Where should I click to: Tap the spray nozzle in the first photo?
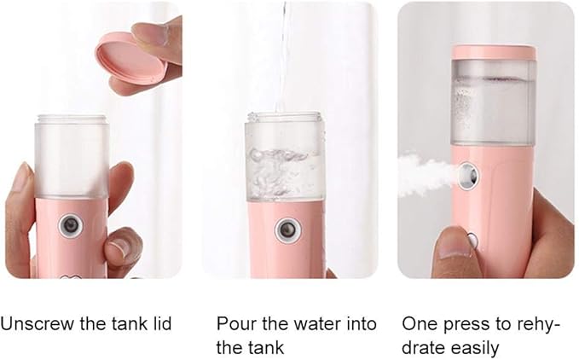pos(71,225)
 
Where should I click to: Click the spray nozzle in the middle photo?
pos(288,229)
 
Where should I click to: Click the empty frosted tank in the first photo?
pos(72,158)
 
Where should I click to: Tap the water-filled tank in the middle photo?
pos(285,162)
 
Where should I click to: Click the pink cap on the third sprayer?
pos(494,52)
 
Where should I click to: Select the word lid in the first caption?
pos(160,324)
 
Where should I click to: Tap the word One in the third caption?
pos(418,324)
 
